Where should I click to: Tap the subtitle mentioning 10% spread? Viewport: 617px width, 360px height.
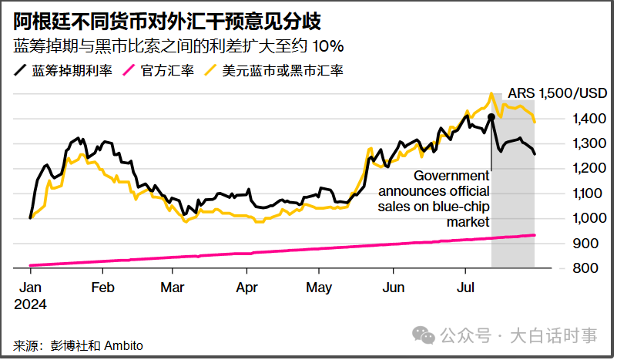coord(178,45)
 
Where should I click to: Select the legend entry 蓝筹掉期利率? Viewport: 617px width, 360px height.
coord(65,71)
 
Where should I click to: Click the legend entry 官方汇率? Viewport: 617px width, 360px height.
coord(163,71)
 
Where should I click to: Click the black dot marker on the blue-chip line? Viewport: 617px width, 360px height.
coord(491,116)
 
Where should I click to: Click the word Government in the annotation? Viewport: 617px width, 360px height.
coord(452,176)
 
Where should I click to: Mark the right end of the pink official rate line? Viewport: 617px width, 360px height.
coord(534,235)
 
